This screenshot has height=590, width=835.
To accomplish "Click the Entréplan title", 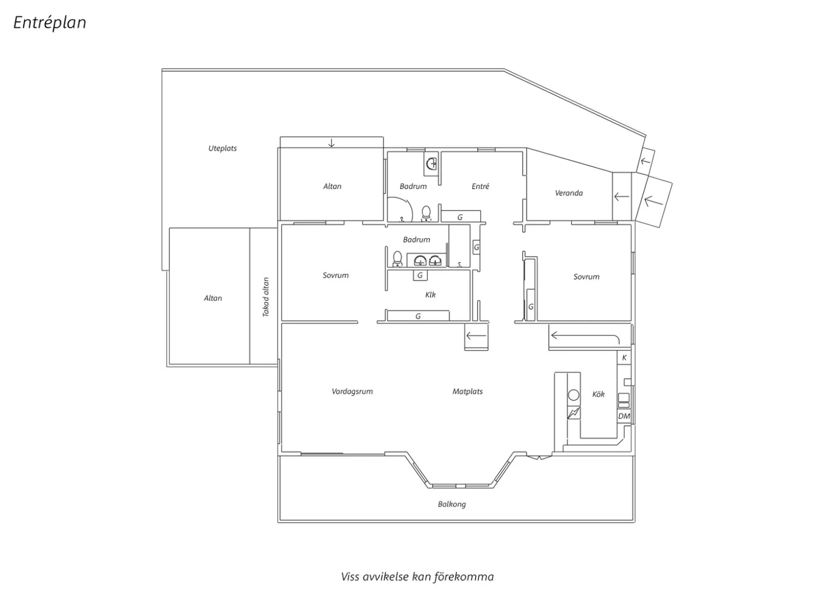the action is [x=50, y=23].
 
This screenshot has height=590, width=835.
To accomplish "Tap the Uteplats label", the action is [x=223, y=149].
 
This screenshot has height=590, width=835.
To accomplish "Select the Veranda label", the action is [x=568, y=193].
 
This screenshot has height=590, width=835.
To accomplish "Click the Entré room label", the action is [x=480, y=186].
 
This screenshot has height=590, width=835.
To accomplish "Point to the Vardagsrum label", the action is [x=352, y=391].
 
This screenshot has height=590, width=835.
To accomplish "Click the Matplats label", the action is [x=468, y=391].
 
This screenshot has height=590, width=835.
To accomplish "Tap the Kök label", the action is [x=598, y=394].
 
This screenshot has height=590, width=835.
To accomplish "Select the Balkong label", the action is [x=452, y=504].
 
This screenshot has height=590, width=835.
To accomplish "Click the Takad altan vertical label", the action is [x=266, y=297].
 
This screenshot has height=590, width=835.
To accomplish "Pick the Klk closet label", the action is [x=430, y=295].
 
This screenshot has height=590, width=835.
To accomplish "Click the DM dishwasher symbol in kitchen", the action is [x=624, y=416].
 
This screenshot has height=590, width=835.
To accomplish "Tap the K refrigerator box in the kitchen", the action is [x=624, y=358].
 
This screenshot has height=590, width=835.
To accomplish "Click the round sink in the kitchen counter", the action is [x=574, y=395].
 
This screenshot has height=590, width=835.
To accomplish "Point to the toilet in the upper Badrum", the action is [x=426, y=214].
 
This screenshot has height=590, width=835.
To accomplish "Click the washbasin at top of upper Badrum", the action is [x=431, y=164].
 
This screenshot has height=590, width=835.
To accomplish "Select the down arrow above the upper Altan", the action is [x=331, y=142].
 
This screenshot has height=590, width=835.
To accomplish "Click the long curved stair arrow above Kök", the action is [x=585, y=337].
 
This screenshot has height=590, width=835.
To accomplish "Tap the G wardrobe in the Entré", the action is [x=461, y=217].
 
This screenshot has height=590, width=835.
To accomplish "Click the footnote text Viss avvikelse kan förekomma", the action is [x=417, y=577].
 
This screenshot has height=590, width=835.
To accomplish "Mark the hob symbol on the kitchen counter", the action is [x=574, y=413].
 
